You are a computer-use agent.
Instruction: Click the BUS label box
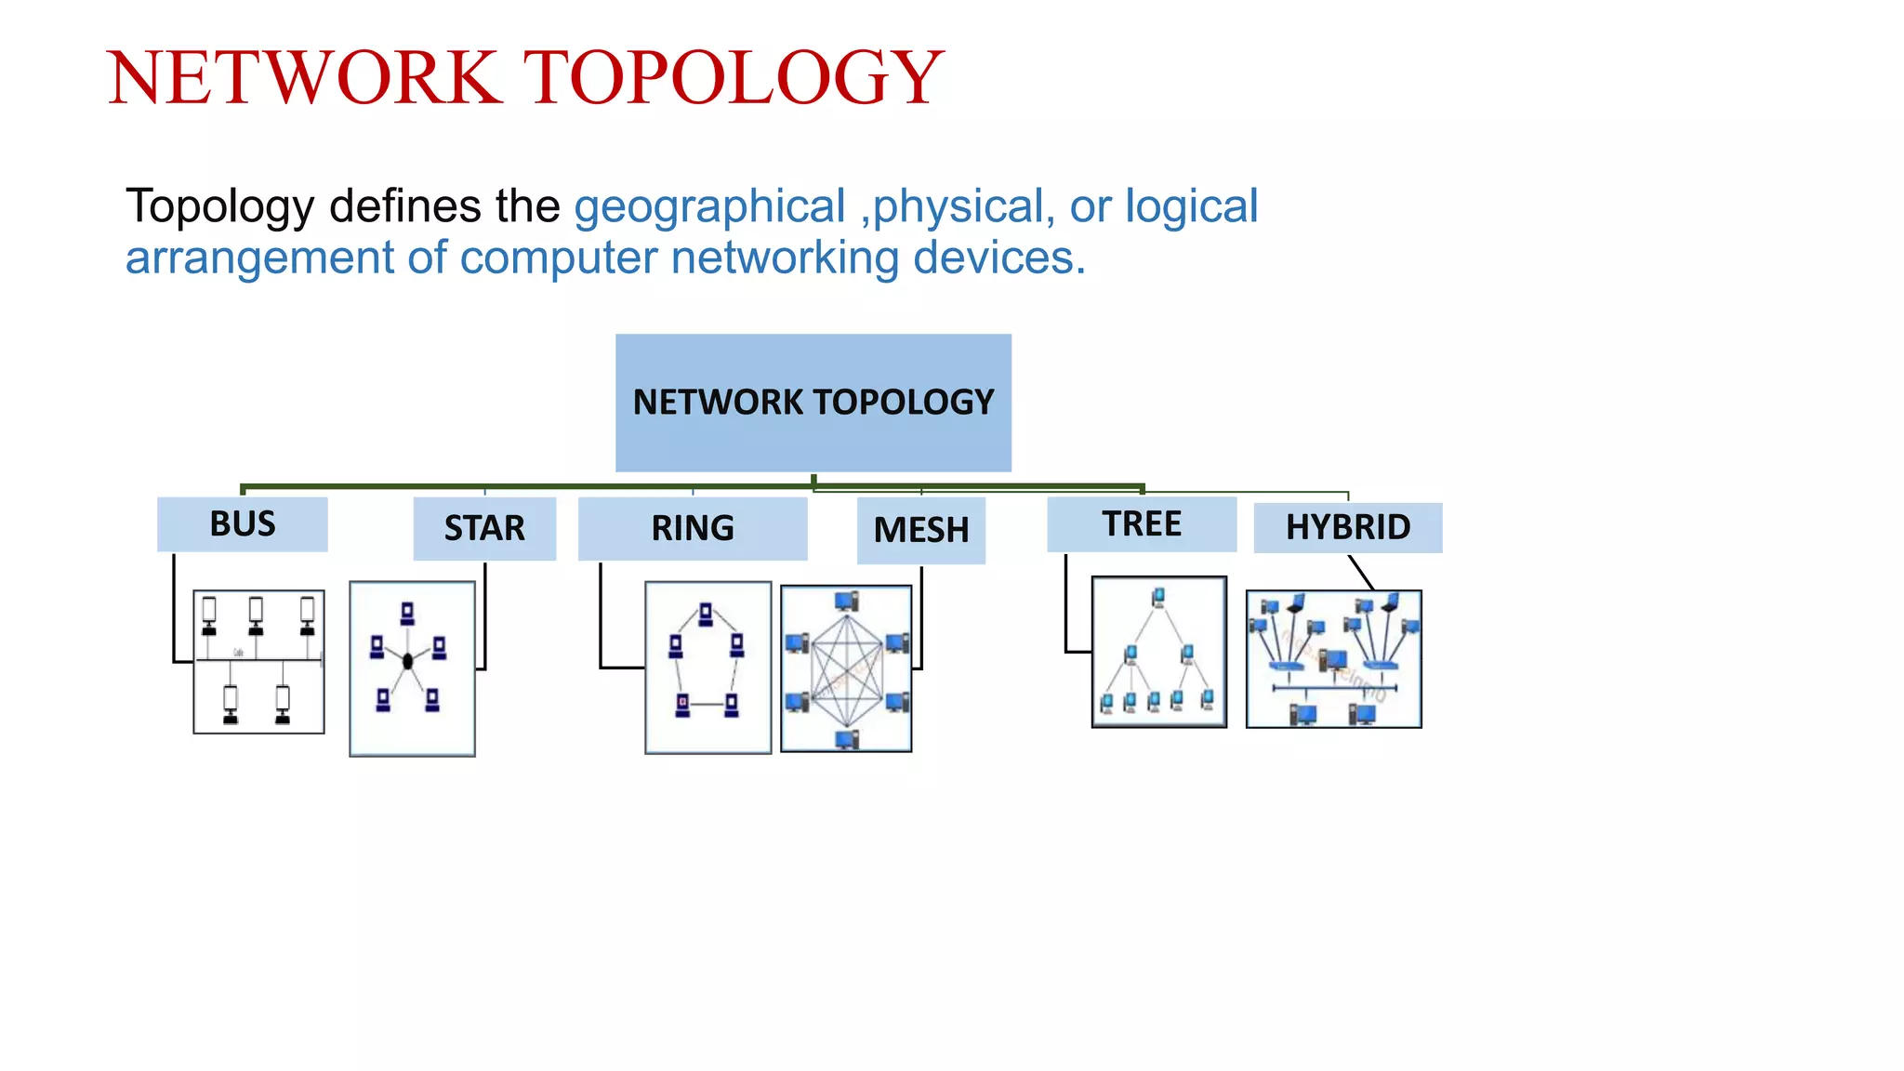tap(242, 524)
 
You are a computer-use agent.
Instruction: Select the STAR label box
tap(484, 528)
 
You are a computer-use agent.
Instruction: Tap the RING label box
tap(693, 528)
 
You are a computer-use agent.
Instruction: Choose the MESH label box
tap(920, 530)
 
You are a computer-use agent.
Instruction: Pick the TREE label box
tap(1142, 524)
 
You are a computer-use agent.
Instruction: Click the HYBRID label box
tap(1348, 527)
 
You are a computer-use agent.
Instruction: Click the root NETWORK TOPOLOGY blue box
tap(813, 403)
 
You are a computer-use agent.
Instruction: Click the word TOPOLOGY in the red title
tap(734, 77)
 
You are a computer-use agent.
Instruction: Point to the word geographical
tap(709, 206)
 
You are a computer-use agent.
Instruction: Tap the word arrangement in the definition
tap(260, 258)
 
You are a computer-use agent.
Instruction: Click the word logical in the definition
tap(1191, 206)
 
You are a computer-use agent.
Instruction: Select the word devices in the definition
tap(998, 258)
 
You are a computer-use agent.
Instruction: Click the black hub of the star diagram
tap(407, 661)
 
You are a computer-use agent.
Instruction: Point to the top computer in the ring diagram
tap(706, 614)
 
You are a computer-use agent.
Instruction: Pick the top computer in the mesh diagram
tap(846, 602)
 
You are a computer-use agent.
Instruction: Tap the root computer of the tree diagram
tap(1158, 597)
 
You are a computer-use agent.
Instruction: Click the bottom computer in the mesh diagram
tap(846, 740)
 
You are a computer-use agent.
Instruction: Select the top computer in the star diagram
tap(407, 614)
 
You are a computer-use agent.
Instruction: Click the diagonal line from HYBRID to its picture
tap(1361, 572)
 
